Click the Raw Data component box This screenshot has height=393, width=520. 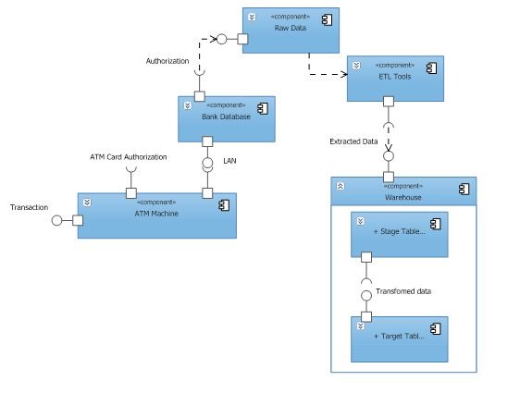coord(291,31)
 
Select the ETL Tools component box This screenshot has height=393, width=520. coord(395,79)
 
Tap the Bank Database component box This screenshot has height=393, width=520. coord(227,118)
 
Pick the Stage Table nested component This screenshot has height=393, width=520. coord(400,234)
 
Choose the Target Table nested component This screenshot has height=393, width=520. coord(400,338)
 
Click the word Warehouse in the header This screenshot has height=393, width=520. coord(403,197)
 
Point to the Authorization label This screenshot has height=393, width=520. coord(167,61)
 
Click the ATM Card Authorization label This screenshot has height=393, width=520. coord(129,157)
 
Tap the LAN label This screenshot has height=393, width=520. coord(230,161)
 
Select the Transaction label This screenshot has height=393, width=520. coord(29,207)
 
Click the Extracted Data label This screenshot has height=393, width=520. coord(353,141)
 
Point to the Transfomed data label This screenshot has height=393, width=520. coord(403,291)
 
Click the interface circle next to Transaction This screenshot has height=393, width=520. coord(56,220)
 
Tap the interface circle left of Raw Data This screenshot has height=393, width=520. coord(220,39)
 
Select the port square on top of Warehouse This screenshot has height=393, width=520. coord(389,176)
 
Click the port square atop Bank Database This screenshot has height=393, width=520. coord(199,94)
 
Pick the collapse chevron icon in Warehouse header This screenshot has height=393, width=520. coord(340,186)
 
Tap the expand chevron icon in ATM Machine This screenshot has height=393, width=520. coord(86,202)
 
